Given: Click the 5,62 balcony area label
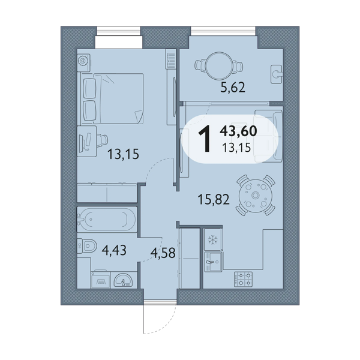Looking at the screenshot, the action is click(x=233, y=88).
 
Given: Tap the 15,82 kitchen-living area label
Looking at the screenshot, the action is click(x=214, y=200).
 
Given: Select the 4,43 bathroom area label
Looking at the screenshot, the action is click(x=114, y=250).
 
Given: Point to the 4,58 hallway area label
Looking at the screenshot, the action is click(x=163, y=253).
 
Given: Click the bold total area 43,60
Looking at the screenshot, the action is click(x=238, y=131).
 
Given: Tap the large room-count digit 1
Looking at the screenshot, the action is click(x=205, y=139).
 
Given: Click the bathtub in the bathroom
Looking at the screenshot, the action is click(x=107, y=219).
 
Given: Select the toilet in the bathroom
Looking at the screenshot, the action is click(x=86, y=246).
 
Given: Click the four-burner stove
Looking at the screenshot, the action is click(x=243, y=280).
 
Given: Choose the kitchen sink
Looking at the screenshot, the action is click(x=213, y=262).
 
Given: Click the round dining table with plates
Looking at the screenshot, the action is click(x=256, y=196).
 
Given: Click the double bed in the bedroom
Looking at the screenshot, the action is click(x=113, y=99).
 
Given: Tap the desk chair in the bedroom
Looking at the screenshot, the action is click(x=102, y=140).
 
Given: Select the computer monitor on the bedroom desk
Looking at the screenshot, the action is click(x=81, y=143).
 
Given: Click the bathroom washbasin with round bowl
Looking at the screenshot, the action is click(x=124, y=280).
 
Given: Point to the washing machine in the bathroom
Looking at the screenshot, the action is click(x=101, y=279).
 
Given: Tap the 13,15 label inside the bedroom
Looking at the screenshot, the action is click(x=123, y=154).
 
